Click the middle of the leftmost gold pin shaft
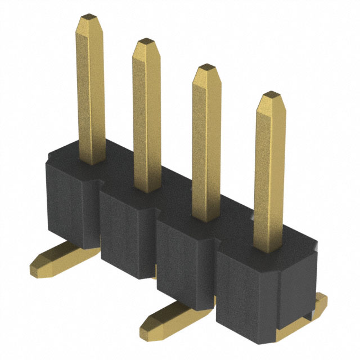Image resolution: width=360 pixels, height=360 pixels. pyautogui.click(x=90, y=90)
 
